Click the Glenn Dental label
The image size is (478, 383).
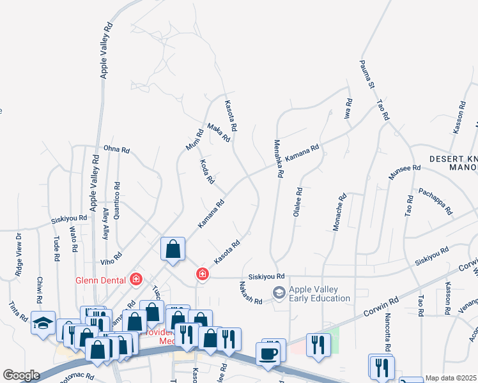[102, 278]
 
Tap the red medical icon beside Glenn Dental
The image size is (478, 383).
[135, 278]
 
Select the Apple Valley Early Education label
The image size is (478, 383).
[320, 294]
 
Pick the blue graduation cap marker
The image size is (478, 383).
[43, 324]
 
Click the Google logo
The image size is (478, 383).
[21, 375]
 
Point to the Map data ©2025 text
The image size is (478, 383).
[451, 378]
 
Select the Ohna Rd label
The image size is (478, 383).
[116, 150]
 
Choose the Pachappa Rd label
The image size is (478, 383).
[435, 200]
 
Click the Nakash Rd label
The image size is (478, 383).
[251, 292]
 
